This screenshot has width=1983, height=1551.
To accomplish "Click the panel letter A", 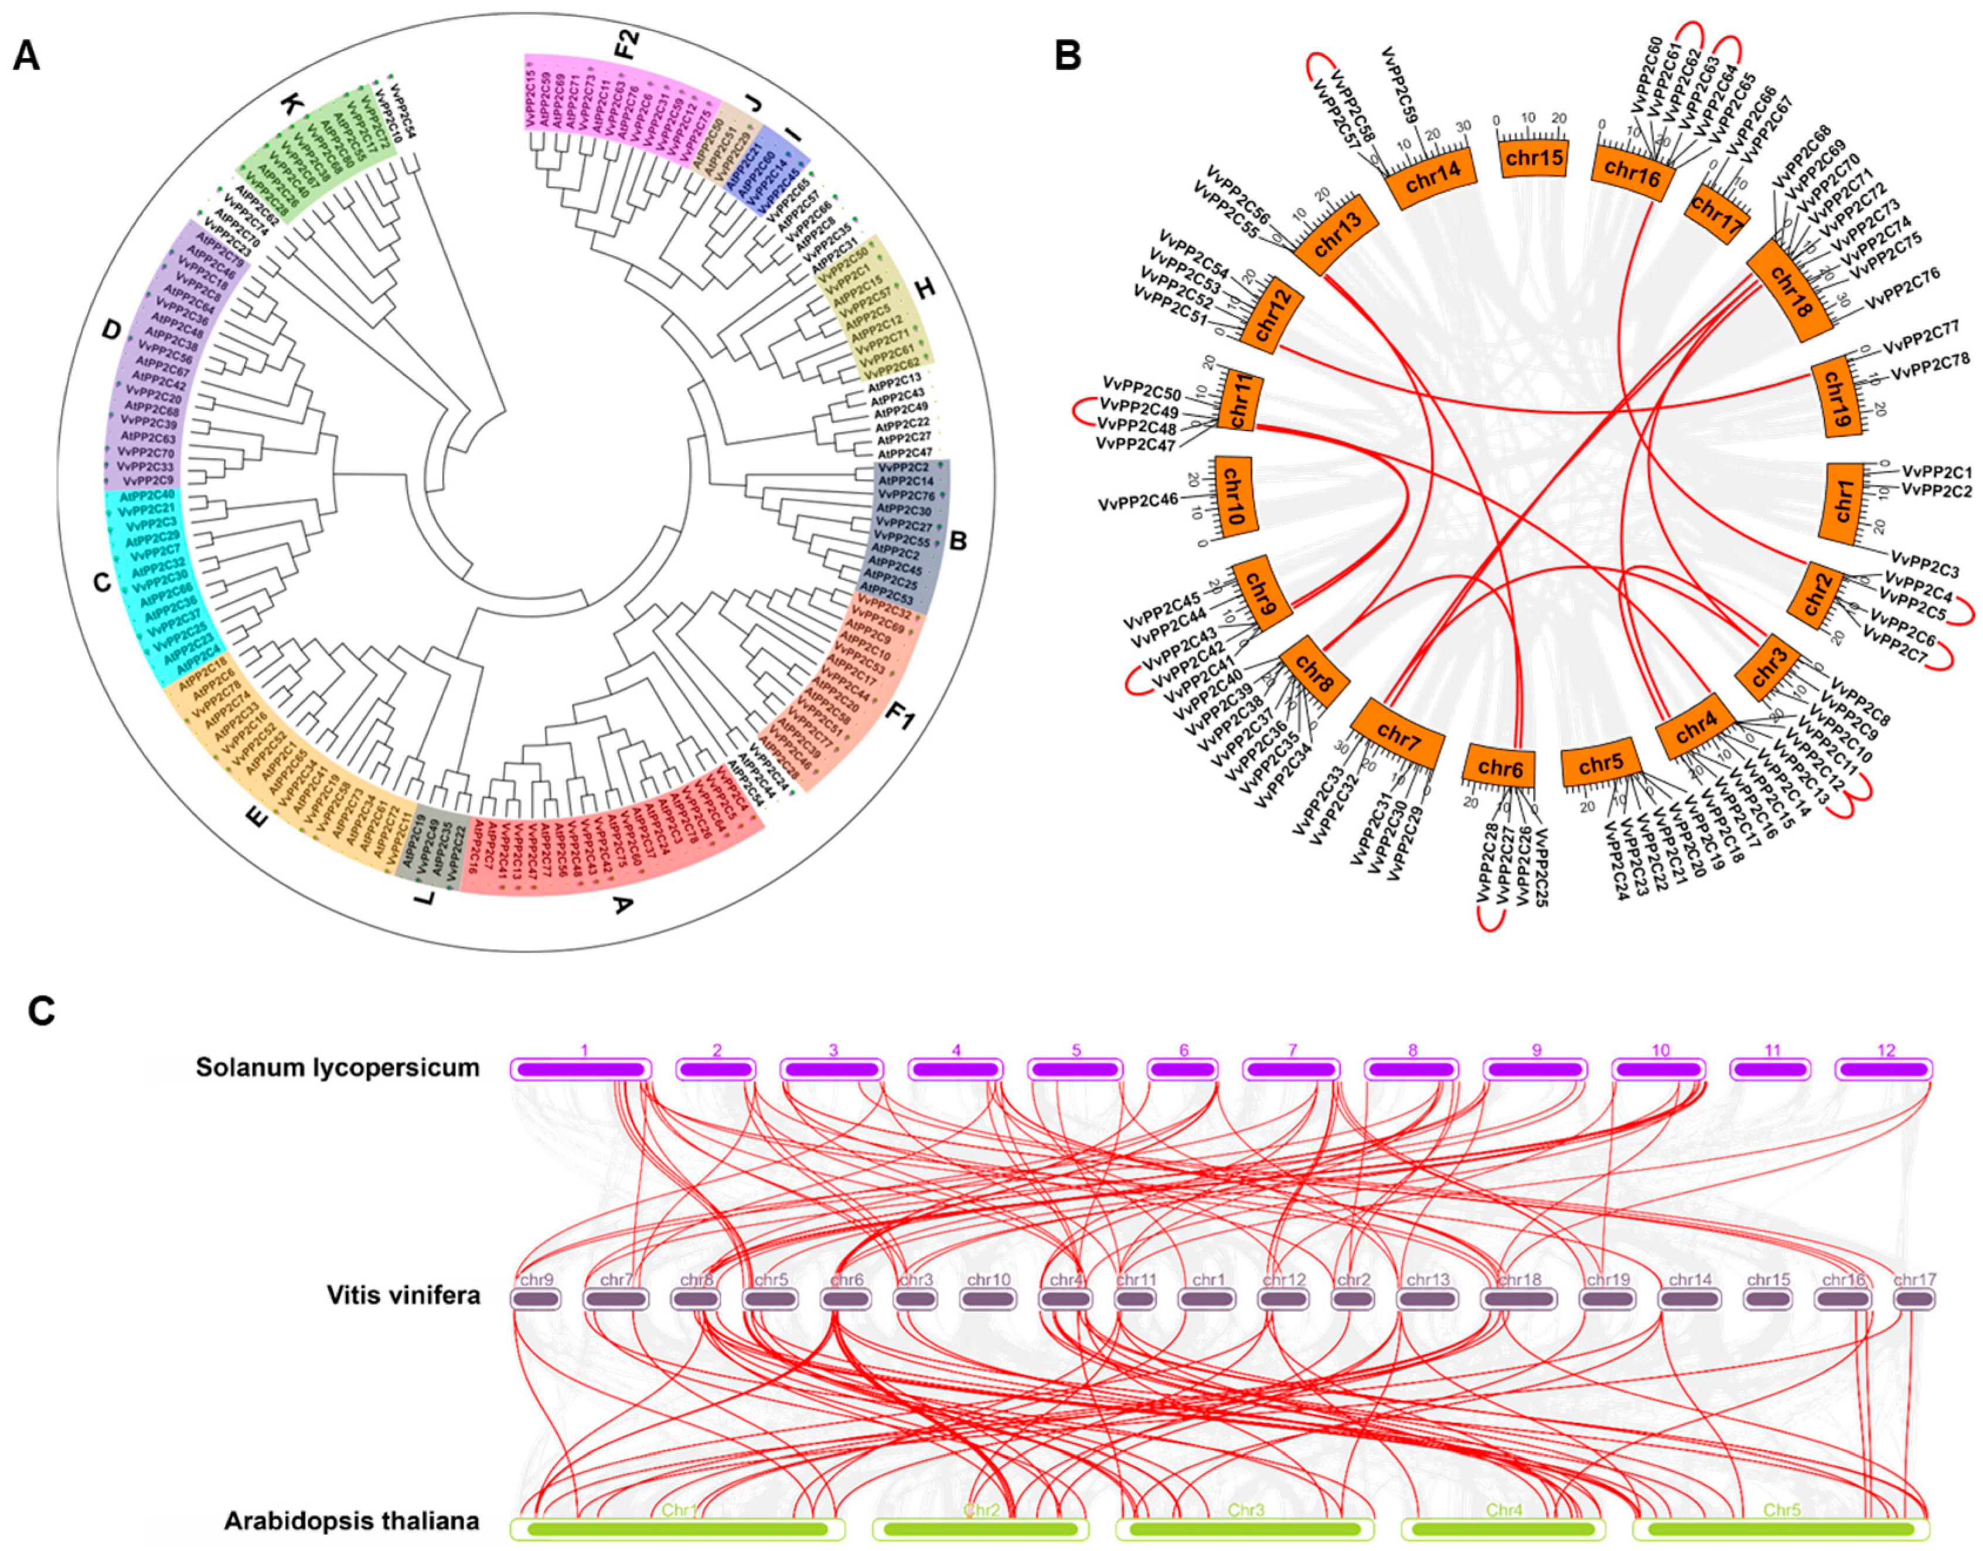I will pyautogui.click(x=27, y=57).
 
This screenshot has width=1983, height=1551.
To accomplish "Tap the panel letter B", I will pyautogui.click(x=1068, y=57).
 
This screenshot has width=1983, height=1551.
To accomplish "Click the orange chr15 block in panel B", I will pyautogui.click(x=1534, y=158).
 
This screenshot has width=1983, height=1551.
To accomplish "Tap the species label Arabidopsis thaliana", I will pyautogui.click(x=352, y=1520).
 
